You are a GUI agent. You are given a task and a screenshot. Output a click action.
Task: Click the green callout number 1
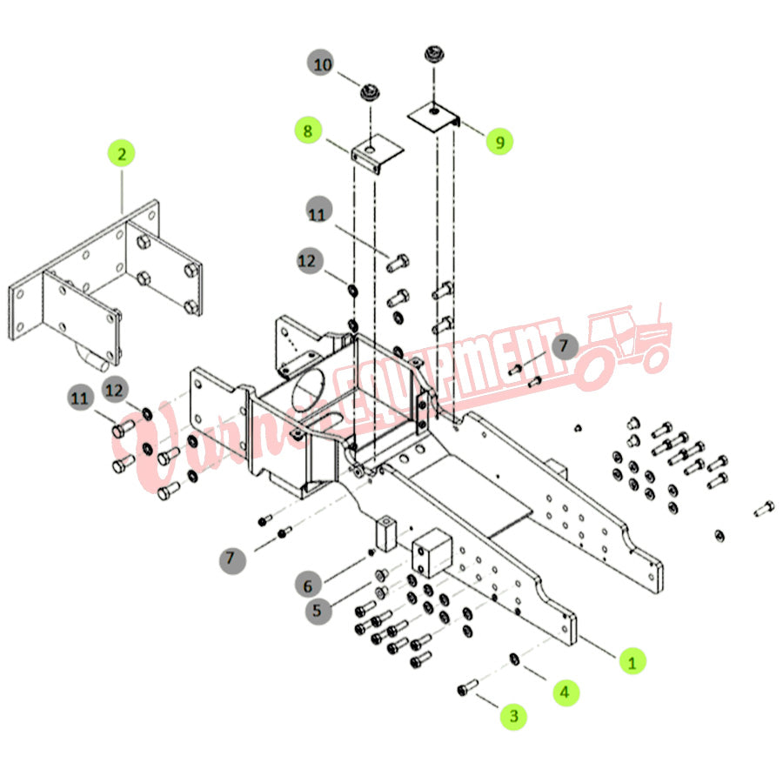tap(632, 661)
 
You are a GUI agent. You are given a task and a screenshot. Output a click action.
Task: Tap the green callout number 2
tap(121, 154)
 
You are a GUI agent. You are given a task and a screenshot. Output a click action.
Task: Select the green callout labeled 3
tap(513, 716)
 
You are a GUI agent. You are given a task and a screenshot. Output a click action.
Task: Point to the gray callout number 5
tap(318, 611)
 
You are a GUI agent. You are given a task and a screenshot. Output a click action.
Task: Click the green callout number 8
tap(307, 131)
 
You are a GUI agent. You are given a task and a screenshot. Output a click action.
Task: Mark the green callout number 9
tap(499, 141)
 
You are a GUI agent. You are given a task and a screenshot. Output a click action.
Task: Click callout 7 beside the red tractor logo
tap(563, 345)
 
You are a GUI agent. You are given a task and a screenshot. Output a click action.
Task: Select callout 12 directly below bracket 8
tap(311, 261)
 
